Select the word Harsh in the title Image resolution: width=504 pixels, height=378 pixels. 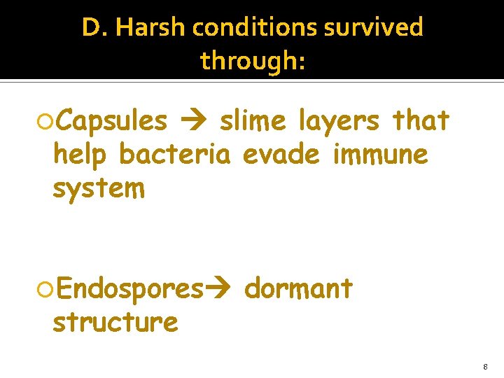pos(149,28)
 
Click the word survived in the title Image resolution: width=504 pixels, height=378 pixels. pos(381,28)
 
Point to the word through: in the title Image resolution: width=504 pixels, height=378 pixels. pos(253,61)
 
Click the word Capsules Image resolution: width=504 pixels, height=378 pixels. pos(111,122)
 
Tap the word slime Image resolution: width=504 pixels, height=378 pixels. pos(252,122)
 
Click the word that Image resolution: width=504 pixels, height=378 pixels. pos(421,121)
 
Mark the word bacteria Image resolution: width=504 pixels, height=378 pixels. pos(174,153)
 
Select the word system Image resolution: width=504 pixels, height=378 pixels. pos(99,188)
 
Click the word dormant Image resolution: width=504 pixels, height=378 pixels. pos(299,288)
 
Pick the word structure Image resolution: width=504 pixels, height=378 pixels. pos(115,322)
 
